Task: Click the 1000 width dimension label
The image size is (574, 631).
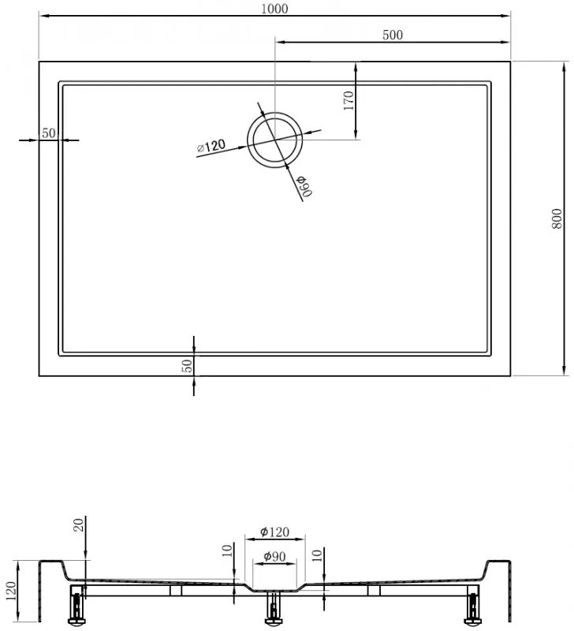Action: coord(275,8)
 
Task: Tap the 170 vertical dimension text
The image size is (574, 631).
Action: coord(348,100)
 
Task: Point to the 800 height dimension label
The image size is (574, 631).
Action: coord(557,218)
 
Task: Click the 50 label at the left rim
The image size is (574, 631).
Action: coord(49,133)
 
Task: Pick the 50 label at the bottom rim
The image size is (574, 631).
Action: coord(187,365)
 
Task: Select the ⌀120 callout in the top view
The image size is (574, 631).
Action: coord(211,146)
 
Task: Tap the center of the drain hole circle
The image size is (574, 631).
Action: coord(274,140)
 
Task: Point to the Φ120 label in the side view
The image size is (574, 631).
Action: coord(274,532)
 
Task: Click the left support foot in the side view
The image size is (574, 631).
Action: coord(76,605)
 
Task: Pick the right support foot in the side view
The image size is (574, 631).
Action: coord(472,605)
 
